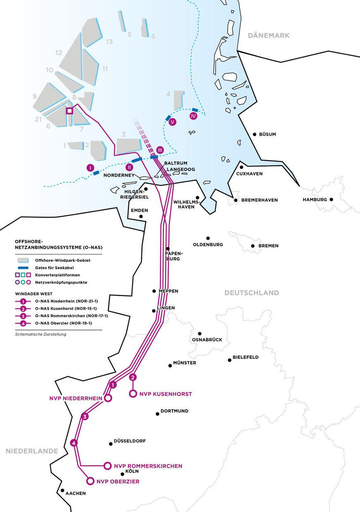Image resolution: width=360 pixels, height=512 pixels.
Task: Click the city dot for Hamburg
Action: (331, 199)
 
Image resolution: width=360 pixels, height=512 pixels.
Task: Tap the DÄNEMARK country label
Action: (268, 36)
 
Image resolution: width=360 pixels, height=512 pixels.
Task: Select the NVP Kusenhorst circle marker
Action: (133, 394)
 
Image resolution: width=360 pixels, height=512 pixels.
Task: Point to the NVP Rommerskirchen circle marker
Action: (107, 466)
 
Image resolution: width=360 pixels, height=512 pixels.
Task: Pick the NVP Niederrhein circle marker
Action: (108, 398)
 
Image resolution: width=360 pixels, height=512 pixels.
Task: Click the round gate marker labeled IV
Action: (194, 116)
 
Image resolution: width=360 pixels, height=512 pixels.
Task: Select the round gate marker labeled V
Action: (173, 122)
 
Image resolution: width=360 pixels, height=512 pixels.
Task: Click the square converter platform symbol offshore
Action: (70, 111)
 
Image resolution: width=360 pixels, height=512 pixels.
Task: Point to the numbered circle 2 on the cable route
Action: (133, 377)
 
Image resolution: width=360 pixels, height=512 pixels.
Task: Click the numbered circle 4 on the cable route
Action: (74, 443)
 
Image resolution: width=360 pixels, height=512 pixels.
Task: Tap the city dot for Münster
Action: (170, 365)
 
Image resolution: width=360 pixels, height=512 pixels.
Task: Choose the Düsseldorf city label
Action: (130, 441)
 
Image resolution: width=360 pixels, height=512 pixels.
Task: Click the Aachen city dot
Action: (62, 491)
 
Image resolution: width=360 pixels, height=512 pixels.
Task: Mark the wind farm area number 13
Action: (109, 42)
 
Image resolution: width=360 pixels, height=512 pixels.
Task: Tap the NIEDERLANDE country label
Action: (32, 451)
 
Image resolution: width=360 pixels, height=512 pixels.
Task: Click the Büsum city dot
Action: (254, 134)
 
